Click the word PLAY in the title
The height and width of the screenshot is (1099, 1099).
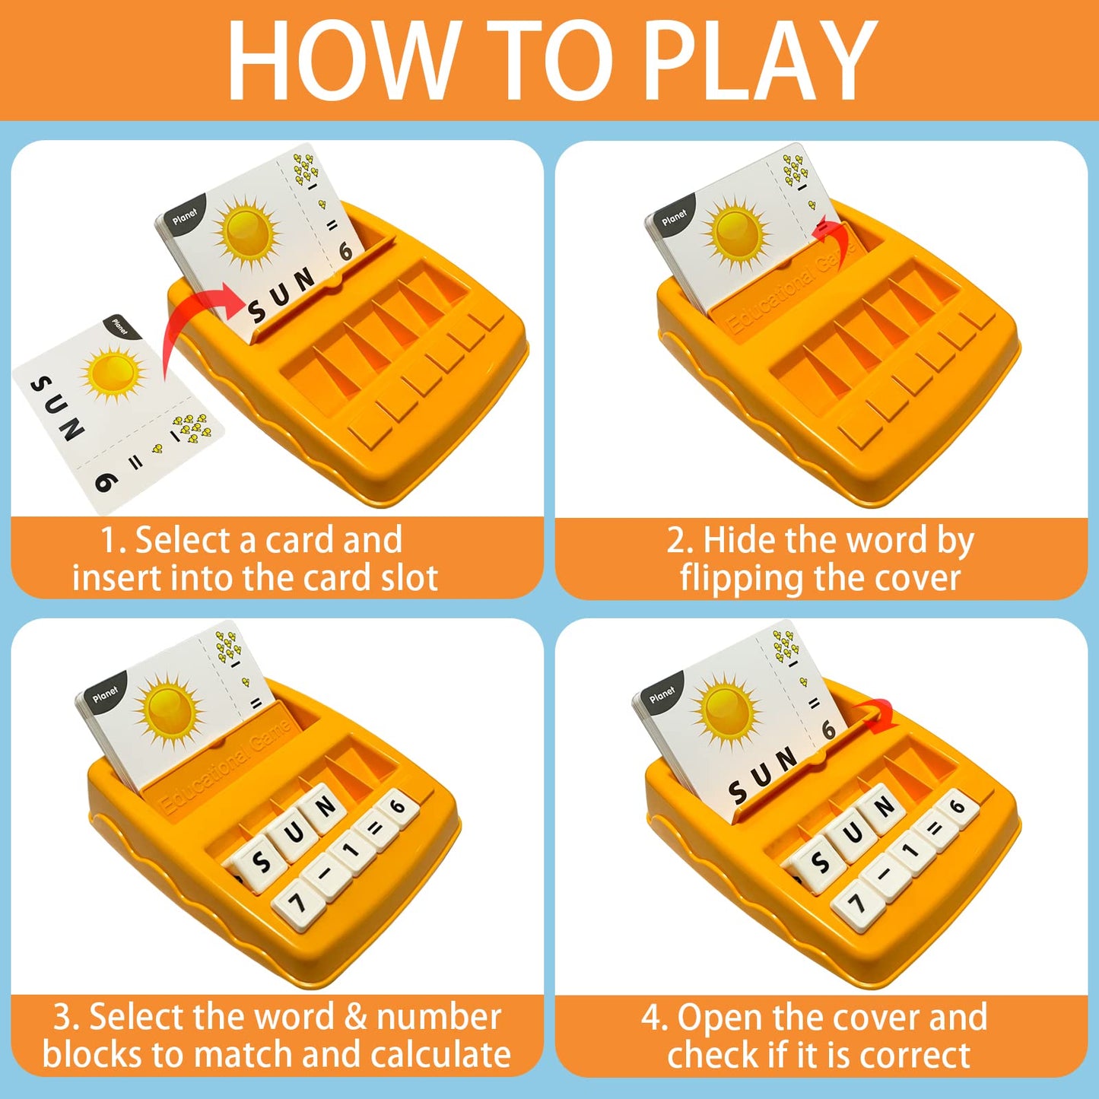(761, 60)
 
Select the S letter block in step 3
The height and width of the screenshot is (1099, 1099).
(259, 862)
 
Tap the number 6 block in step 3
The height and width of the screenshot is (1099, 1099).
(396, 808)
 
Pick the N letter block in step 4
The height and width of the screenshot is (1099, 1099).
(884, 808)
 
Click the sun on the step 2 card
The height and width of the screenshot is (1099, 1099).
(735, 232)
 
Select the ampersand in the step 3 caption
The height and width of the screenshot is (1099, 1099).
(356, 1017)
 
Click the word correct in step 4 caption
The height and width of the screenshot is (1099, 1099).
(915, 1054)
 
